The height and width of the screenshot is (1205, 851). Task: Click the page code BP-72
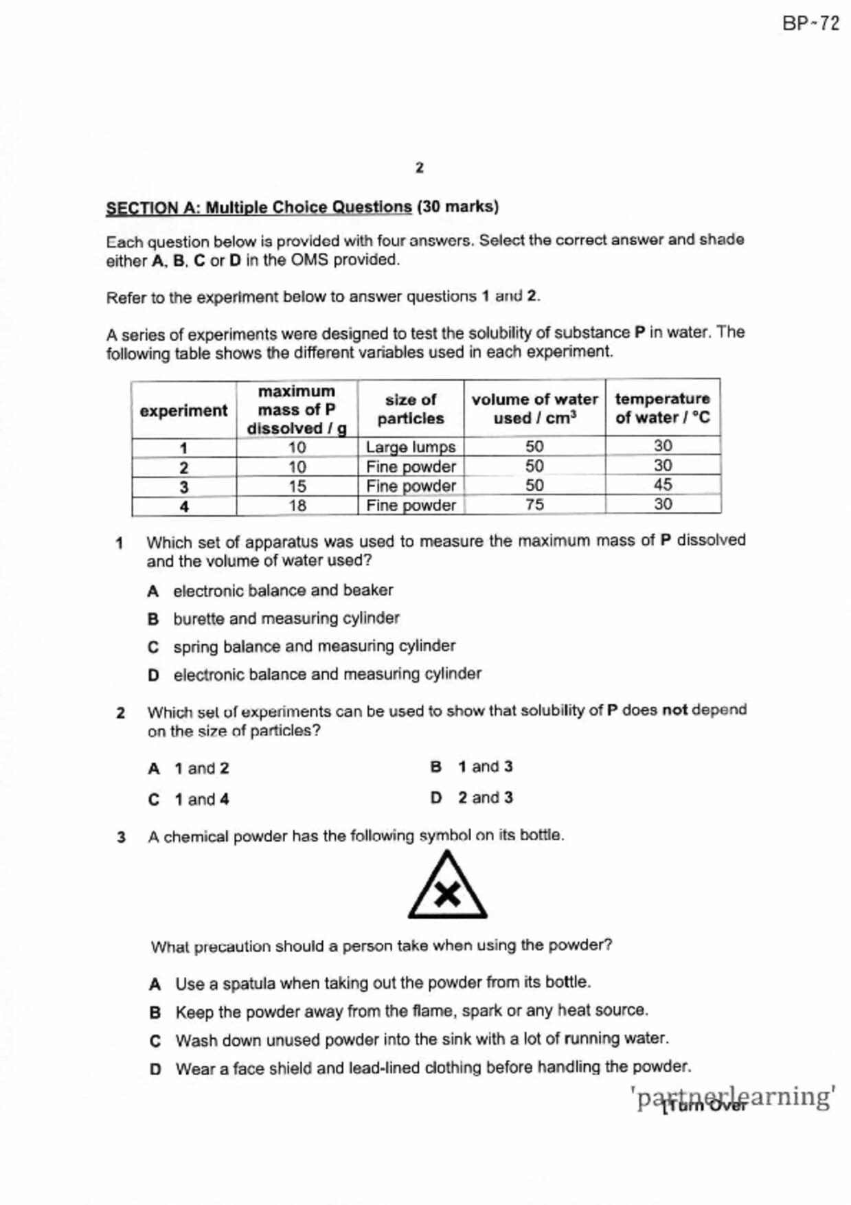point(810,24)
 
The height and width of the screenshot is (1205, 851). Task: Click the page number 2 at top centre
point(420,168)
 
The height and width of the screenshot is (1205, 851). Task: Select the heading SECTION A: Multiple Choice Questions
point(259,207)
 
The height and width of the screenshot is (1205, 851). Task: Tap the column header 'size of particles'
point(411,409)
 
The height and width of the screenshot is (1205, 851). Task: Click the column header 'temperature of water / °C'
point(663,408)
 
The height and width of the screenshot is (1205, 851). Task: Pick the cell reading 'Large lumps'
point(411,447)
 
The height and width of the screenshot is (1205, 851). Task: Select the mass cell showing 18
point(297,506)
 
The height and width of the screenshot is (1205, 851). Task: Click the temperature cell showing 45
point(663,484)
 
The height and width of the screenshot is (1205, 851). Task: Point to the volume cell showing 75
point(534,504)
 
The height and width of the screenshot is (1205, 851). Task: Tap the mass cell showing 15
point(297,486)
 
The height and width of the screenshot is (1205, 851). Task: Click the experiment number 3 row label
point(184,487)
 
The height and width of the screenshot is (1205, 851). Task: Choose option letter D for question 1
point(153,675)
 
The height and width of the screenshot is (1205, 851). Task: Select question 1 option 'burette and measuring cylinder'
point(286,618)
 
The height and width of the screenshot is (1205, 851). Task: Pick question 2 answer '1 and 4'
point(201,800)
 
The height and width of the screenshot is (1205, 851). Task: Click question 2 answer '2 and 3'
point(485,798)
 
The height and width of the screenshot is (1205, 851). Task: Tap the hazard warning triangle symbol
point(447,887)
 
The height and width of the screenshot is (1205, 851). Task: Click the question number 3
point(122,837)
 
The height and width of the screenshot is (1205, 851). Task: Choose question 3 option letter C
point(155,1041)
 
